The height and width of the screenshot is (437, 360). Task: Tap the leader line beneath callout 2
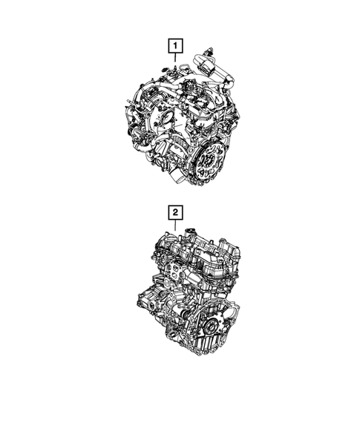tap(175, 224)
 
